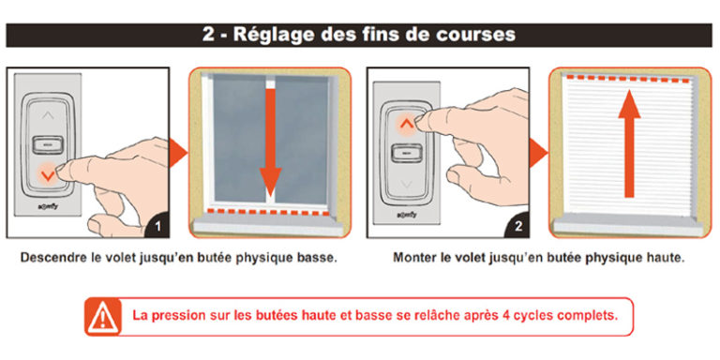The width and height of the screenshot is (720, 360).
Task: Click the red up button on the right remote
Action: tap(404, 121)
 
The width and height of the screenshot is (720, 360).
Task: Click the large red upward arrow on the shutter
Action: tap(630, 140)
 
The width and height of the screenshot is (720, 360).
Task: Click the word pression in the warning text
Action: tap(178, 316)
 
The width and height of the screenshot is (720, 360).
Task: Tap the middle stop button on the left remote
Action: tap(46, 142)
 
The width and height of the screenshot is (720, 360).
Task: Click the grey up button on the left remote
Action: tap(46, 112)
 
